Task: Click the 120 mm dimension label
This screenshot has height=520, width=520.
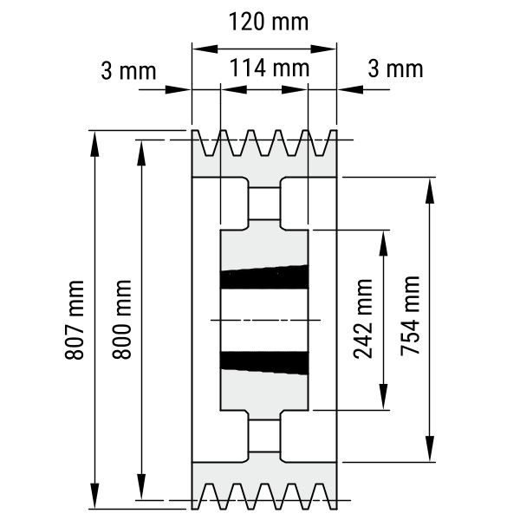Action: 269,22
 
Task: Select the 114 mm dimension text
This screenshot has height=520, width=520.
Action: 270,68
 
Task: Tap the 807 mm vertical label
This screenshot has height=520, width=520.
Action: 75,320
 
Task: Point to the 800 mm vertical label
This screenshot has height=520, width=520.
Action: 122,319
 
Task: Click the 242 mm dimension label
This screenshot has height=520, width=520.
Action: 363,319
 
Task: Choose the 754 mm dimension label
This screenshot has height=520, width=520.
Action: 411,315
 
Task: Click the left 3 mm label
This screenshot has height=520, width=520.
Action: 128,71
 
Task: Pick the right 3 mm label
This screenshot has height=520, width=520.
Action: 395,69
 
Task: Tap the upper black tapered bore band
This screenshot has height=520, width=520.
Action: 264,277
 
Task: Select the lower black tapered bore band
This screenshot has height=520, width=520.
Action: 264,363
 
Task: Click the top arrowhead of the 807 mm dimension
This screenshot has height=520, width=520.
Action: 94,143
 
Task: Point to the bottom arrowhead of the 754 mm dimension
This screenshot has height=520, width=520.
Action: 430,449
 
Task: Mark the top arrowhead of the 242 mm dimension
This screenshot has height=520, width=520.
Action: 383,244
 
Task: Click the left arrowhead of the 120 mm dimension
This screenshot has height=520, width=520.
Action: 205,49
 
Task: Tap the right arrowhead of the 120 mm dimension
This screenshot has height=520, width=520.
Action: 323,49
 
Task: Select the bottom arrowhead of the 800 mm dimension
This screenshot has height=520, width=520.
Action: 141,486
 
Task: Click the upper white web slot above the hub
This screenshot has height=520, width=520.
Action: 264,204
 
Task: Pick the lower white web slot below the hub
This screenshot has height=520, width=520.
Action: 264,436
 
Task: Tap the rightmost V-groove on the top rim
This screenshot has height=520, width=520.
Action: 321,144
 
